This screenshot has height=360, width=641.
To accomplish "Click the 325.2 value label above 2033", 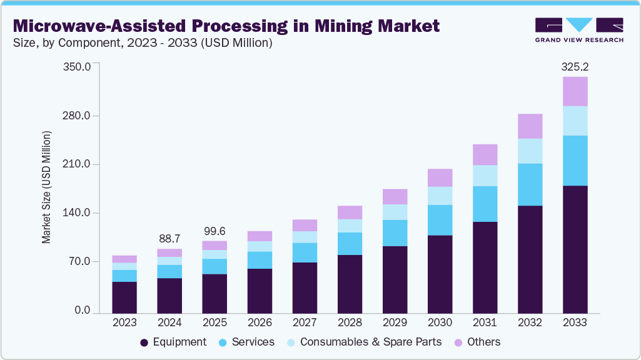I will pos(575,66).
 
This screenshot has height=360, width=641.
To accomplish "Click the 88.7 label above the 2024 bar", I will pos(169,239).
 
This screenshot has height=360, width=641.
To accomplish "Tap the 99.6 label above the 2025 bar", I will pos(215,231).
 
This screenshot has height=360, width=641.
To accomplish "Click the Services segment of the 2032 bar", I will pos(530,184).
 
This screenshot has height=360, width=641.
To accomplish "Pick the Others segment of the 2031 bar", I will pos(485,154).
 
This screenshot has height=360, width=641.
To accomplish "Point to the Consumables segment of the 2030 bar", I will pos(440,196).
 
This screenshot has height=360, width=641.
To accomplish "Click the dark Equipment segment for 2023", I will pos(124,297).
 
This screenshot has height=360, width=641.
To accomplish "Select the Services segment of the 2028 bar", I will pos(350,243).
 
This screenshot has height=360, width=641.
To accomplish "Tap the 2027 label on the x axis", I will pos(305,322).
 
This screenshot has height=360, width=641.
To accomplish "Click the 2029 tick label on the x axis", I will pos(395,322).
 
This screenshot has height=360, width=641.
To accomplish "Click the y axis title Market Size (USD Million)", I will pos(46,187).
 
